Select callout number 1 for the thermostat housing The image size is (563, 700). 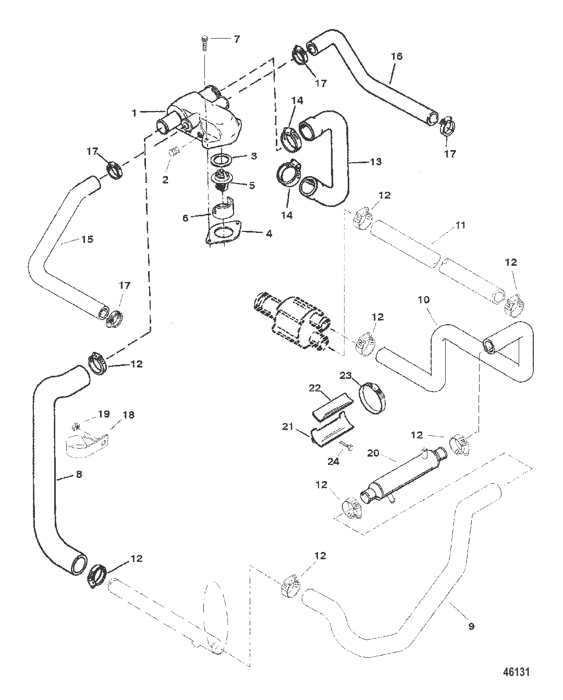click(x=134, y=112)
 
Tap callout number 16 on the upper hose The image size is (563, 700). click(x=397, y=56)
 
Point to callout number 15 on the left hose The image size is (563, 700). click(x=87, y=239)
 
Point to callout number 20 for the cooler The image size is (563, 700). click(x=373, y=453)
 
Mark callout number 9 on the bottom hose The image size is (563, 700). click(x=471, y=627)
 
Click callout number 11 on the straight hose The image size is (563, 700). click(x=446, y=225)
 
